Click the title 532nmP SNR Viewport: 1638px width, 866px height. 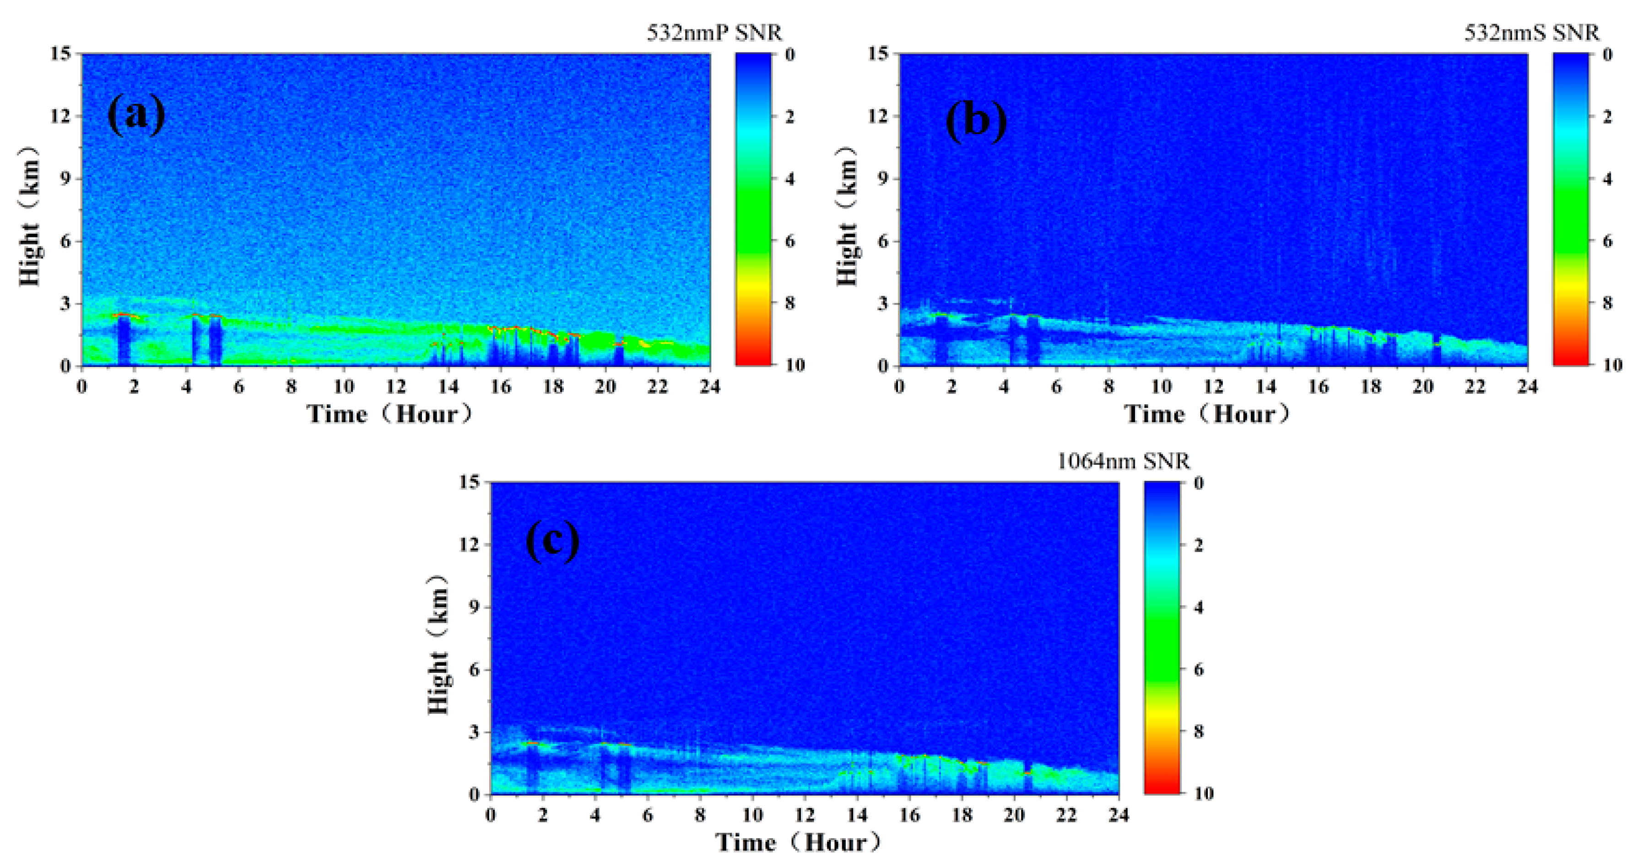pyautogui.click(x=714, y=32)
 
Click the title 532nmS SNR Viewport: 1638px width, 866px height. pyautogui.click(x=1532, y=32)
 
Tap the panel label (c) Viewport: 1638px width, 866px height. pyautogui.click(x=552, y=542)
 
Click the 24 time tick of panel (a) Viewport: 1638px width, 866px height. pyautogui.click(x=710, y=387)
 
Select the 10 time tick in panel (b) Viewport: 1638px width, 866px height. pyautogui.click(x=1161, y=387)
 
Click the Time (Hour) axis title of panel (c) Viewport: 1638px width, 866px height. pyautogui.click(x=799, y=843)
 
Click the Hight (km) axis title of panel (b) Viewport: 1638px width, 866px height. pyautogui.click(x=848, y=216)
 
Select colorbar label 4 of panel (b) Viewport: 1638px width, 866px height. pyautogui.click(x=1607, y=179)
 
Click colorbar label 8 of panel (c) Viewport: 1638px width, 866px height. pyautogui.click(x=1199, y=731)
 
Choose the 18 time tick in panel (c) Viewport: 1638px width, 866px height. pyautogui.click(x=962, y=815)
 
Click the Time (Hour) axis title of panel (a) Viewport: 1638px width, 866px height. pyautogui.click(x=390, y=414)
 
